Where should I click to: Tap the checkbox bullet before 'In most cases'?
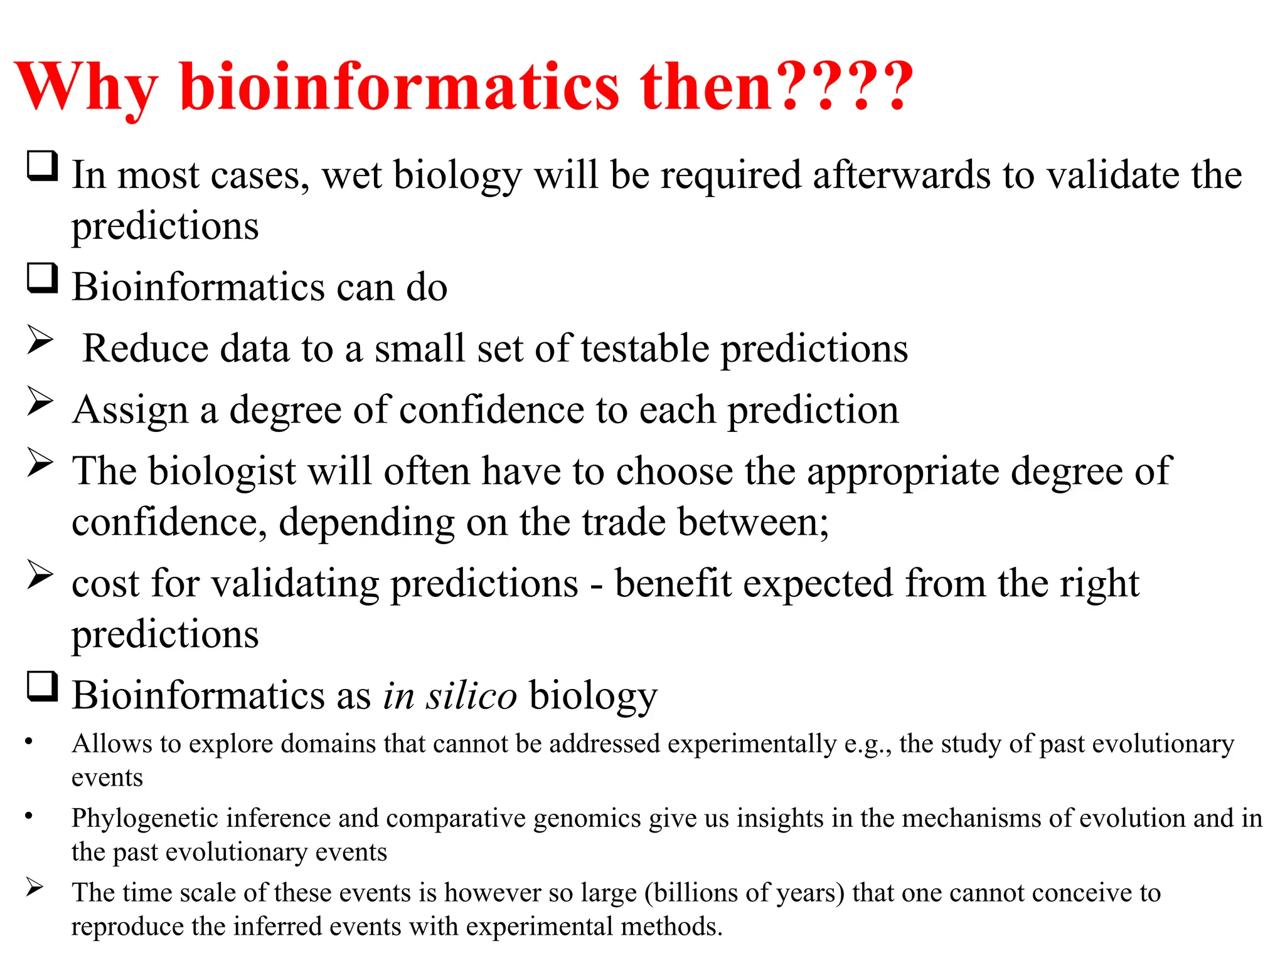(x=43, y=166)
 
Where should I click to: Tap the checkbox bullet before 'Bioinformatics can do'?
(x=43, y=278)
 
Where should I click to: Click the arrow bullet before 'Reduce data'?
(x=40, y=341)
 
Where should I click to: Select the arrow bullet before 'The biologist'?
(x=40, y=464)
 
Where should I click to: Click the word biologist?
(x=222, y=471)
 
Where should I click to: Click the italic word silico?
(x=471, y=696)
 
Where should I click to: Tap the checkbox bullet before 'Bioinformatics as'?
(x=43, y=687)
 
